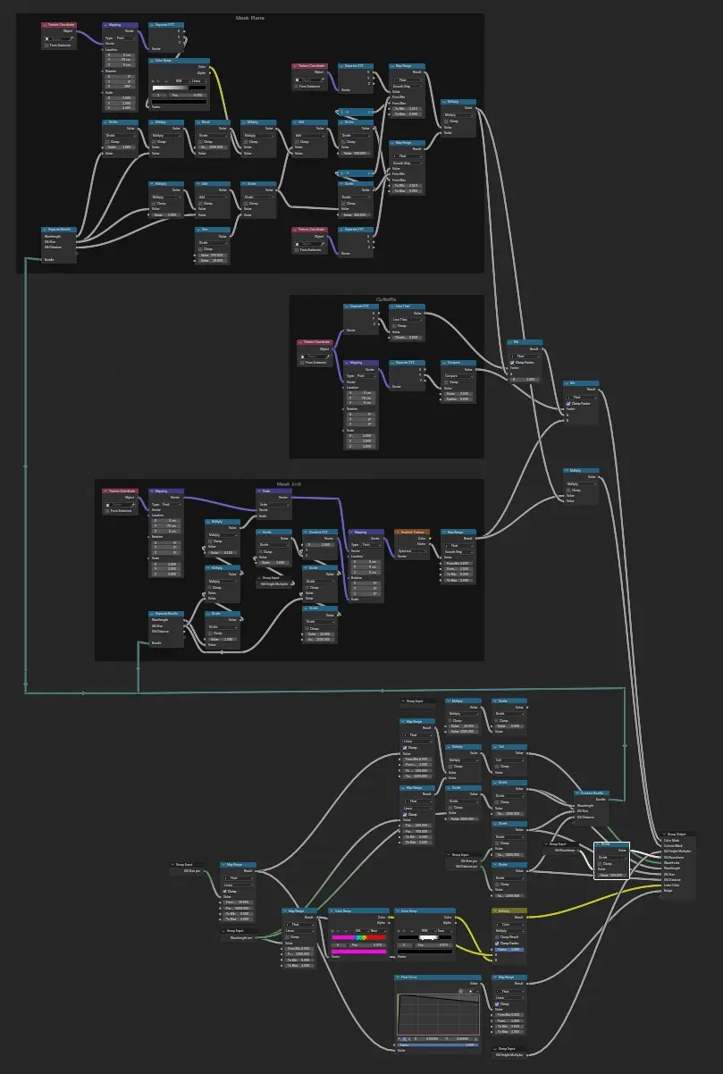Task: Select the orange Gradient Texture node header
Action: tap(412, 532)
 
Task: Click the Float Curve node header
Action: tap(419, 978)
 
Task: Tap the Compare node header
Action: tap(458, 362)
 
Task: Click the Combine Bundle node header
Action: tap(590, 793)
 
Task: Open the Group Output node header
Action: tap(679, 835)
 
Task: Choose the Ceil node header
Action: tap(509, 747)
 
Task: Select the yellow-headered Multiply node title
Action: tap(509, 911)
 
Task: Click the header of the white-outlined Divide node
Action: tap(611, 844)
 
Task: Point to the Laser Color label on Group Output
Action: tap(673, 885)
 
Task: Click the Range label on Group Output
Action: tap(668, 891)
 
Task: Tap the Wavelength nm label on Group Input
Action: tap(241, 937)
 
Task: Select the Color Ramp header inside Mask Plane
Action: tap(179, 61)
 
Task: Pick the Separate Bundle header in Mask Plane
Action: tap(59, 230)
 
